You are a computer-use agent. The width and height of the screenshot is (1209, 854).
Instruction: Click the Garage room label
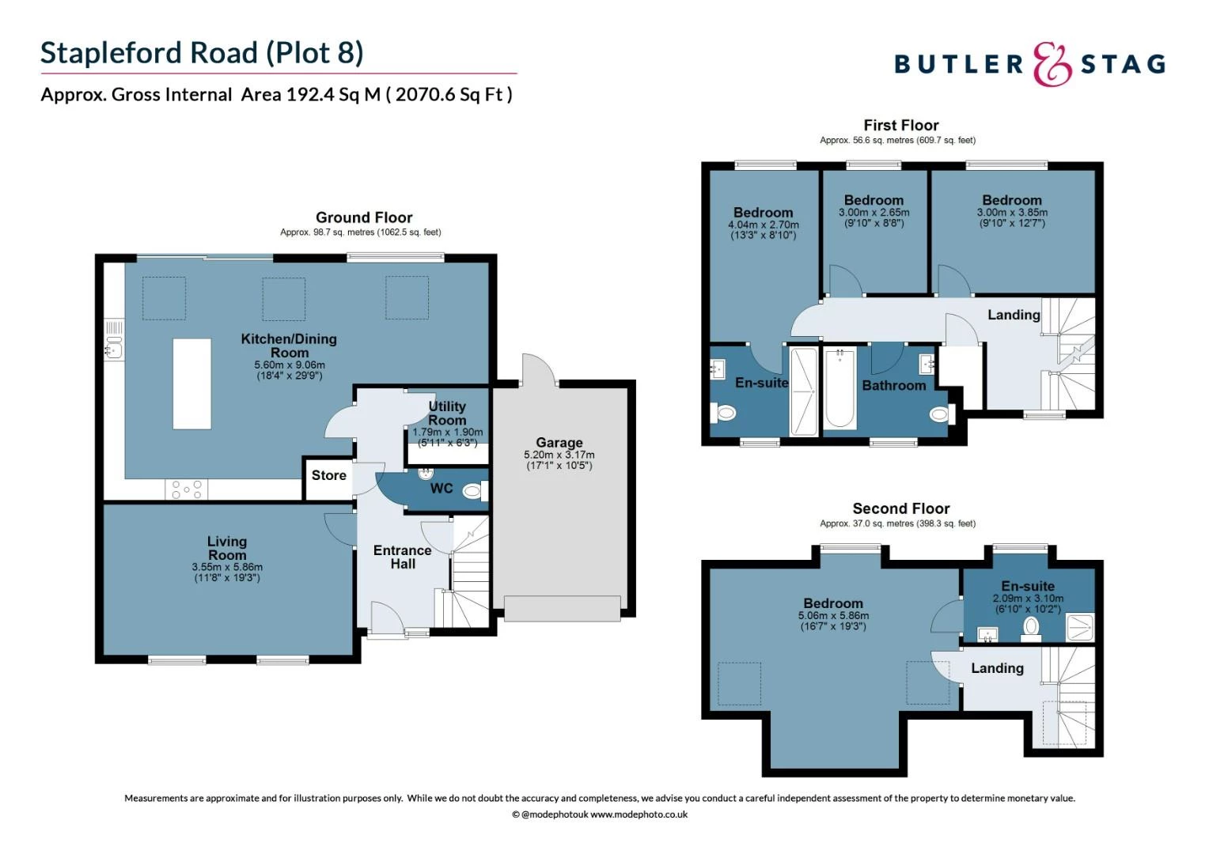(559, 443)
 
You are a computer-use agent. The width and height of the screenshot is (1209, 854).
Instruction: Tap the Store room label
(328, 475)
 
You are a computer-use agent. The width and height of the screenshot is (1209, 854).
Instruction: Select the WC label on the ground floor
(442, 489)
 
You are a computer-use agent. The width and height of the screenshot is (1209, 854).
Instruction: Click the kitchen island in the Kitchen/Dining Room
(192, 384)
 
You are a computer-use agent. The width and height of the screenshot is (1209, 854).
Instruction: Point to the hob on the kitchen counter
(187, 489)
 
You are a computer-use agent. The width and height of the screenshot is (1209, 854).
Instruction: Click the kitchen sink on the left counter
(114, 347)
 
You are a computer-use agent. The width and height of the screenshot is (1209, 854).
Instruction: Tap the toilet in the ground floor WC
(472, 492)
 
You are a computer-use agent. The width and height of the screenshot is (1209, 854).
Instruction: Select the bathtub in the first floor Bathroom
(839, 388)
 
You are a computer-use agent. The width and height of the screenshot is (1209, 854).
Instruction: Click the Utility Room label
(447, 413)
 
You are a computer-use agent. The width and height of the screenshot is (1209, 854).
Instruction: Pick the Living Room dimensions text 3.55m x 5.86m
(227, 567)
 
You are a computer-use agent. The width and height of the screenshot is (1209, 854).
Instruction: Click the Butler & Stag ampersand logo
(1052, 64)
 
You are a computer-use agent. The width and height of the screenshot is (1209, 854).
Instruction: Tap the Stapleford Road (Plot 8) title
(202, 53)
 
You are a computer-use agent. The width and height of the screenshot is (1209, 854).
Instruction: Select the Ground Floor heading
(364, 217)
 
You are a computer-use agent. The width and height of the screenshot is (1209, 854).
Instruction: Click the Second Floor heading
(900, 508)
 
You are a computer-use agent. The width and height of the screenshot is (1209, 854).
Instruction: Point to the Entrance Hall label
(402, 557)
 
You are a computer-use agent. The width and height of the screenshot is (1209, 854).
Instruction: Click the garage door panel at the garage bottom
(562, 609)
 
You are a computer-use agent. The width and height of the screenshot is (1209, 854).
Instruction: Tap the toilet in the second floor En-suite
(1030, 627)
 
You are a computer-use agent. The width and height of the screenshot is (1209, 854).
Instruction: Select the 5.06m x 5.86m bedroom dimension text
(833, 615)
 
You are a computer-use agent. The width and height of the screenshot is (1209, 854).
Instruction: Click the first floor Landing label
(1013, 315)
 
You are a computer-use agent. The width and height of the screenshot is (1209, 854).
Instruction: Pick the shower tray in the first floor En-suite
(804, 391)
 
